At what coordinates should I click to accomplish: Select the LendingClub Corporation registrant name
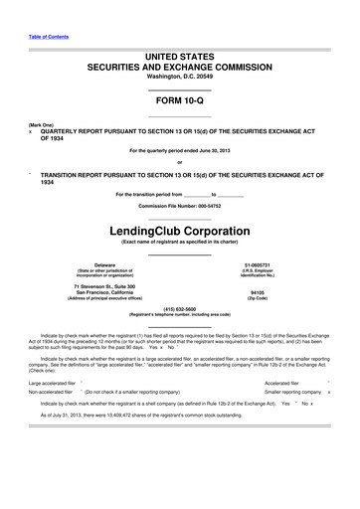(179, 231)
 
